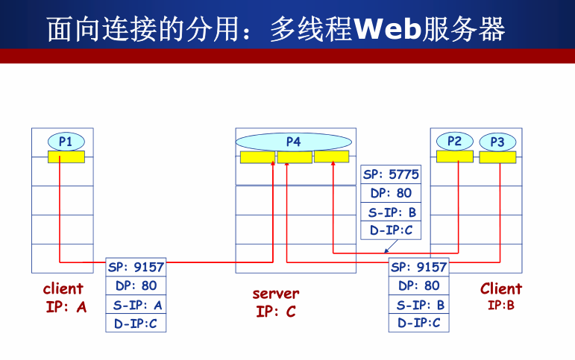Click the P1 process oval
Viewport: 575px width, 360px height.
coord(66,141)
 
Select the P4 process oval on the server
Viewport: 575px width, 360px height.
coord(293,142)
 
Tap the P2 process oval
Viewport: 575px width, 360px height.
coord(455,141)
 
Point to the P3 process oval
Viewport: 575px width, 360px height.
coord(497,142)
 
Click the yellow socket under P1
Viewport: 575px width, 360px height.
coord(66,157)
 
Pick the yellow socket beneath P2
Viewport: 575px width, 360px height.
coord(455,157)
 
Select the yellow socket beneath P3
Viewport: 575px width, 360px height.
coord(497,157)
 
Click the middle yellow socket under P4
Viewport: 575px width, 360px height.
coord(294,157)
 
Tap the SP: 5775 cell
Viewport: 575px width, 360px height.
coord(391,174)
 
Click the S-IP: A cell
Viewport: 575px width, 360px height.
coord(136,304)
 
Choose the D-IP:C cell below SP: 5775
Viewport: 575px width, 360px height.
coord(391,230)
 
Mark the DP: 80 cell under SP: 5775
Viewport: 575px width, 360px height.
coord(391,193)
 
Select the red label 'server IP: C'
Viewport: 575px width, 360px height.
coord(275,303)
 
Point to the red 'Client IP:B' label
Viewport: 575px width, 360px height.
coord(500,295)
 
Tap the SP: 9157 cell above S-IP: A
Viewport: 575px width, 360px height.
coord(136,267)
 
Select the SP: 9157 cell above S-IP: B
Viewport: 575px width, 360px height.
coord(418,267)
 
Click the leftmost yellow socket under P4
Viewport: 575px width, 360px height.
coord(257,157)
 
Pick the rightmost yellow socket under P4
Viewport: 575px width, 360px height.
coord(331,157)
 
